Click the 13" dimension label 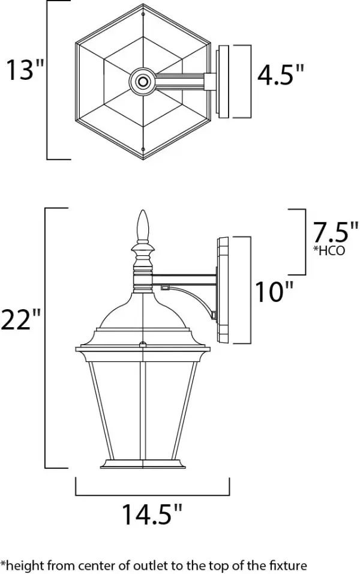click(x=25, y=70)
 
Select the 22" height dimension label click(x=20, y=319)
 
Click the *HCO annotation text click(x=329, y=250)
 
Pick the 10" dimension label click(x=274, y=292)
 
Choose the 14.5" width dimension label click(x=151, y=515)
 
